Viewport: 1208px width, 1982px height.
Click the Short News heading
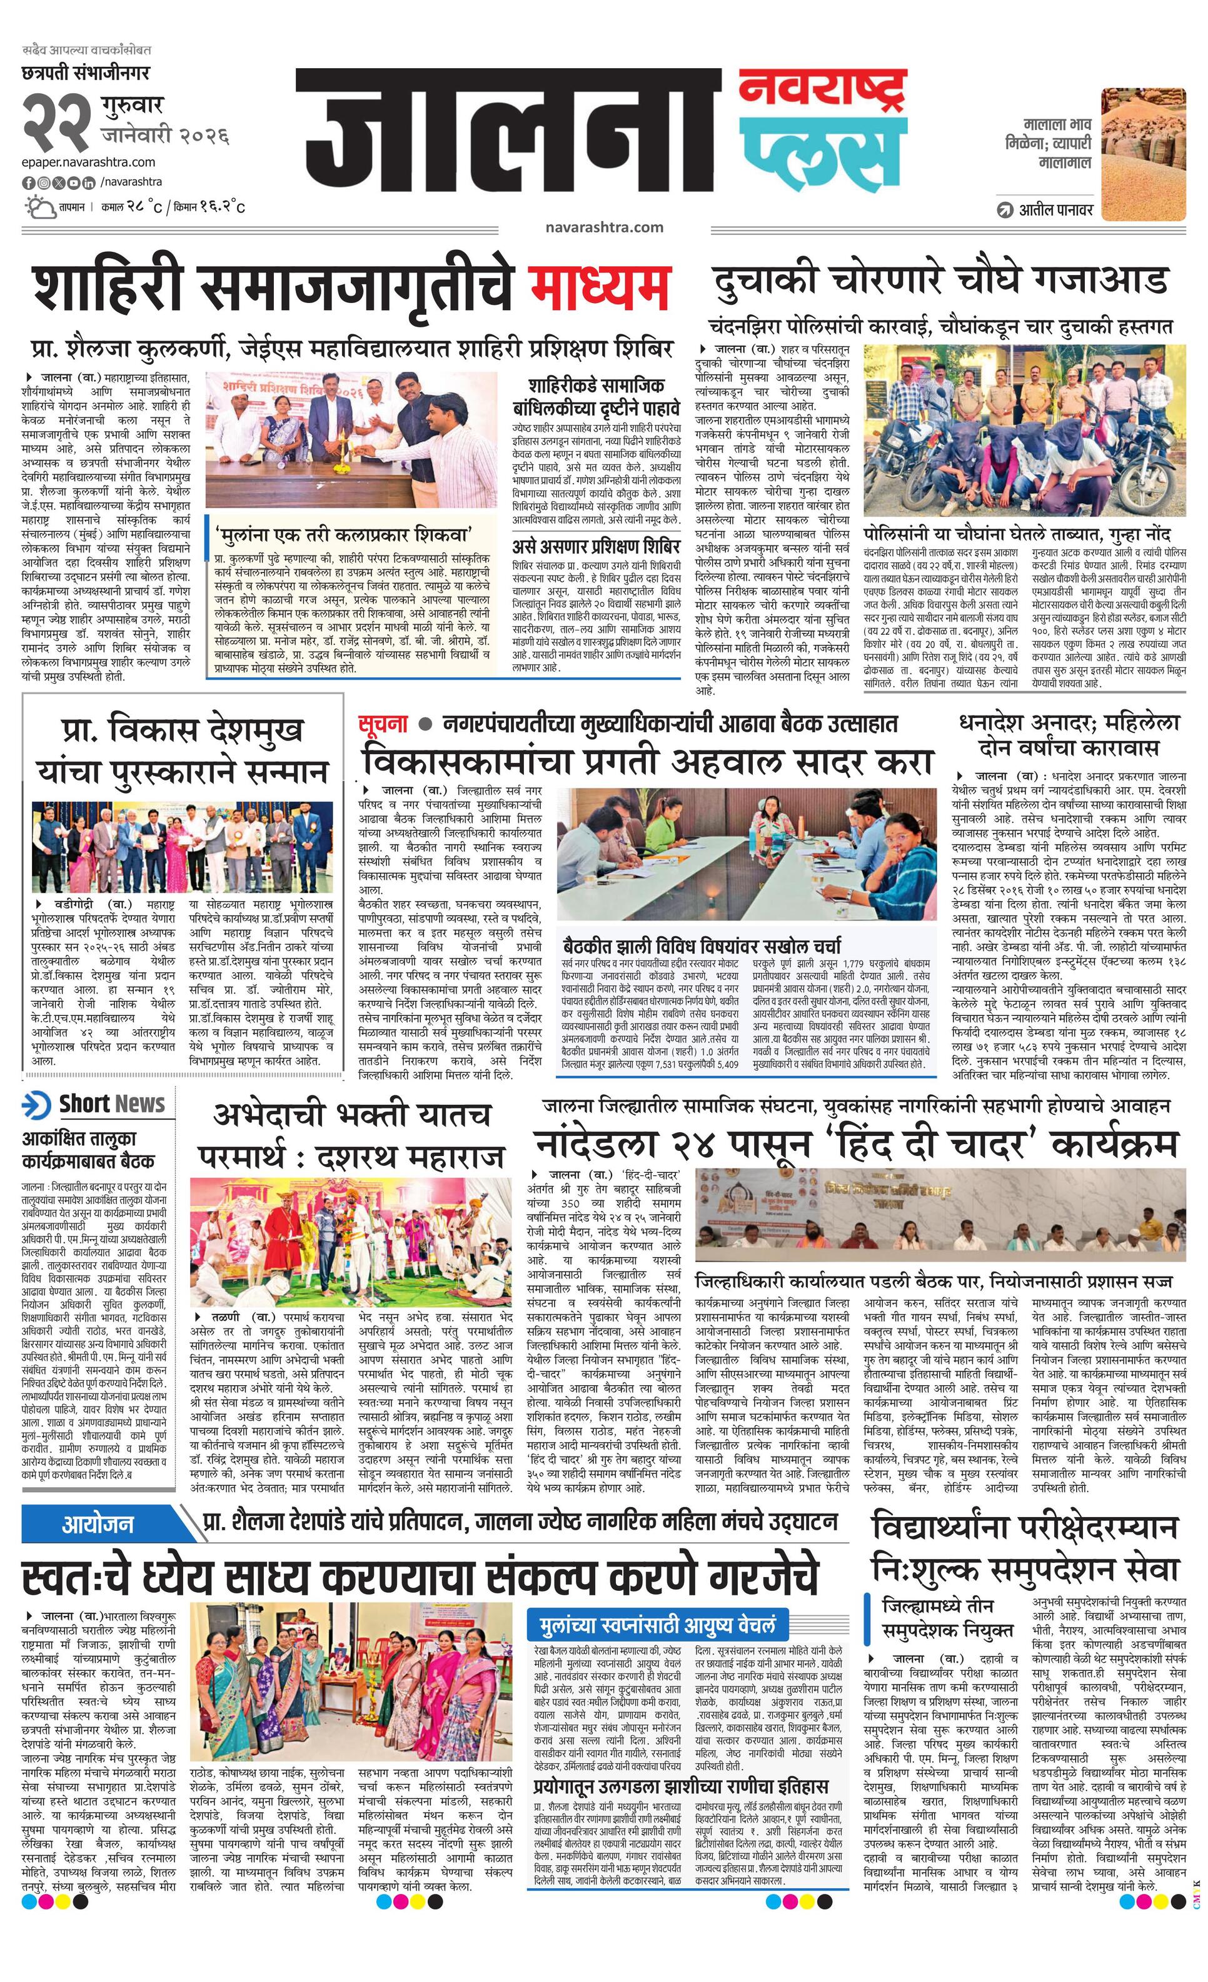(x=112, y=1103)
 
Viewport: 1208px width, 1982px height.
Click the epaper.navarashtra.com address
(x=89, y=162)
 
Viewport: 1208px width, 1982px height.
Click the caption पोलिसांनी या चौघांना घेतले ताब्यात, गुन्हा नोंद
(x=1017, y=534)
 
